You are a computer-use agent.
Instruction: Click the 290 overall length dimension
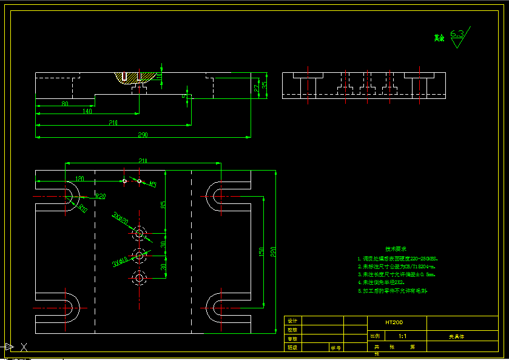click(143, 134)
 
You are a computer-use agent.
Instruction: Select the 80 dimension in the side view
click(64, 103)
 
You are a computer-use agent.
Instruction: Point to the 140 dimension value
click(87, 111)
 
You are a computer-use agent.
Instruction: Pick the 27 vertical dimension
click(256, 88)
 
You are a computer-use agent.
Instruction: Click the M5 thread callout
click(152, 183)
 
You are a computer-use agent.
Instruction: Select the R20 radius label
click(100, 196)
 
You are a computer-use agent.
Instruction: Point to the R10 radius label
click(83, 208)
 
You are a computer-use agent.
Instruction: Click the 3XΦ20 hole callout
click(120, 218)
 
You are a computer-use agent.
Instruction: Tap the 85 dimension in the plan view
click(163, 205)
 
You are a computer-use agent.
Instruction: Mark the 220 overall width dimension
click(272, 251)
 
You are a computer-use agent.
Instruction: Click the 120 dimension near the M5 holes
click(79, 178)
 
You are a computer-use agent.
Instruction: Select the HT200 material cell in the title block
click(394, 323)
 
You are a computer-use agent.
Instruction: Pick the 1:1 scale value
click(402, 335)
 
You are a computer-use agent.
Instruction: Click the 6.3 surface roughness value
click(457, 34)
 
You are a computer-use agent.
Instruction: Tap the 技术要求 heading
click(396, 249)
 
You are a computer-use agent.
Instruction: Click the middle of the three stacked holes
click(140, 256)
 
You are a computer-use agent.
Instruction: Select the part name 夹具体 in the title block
click(456, 335)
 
